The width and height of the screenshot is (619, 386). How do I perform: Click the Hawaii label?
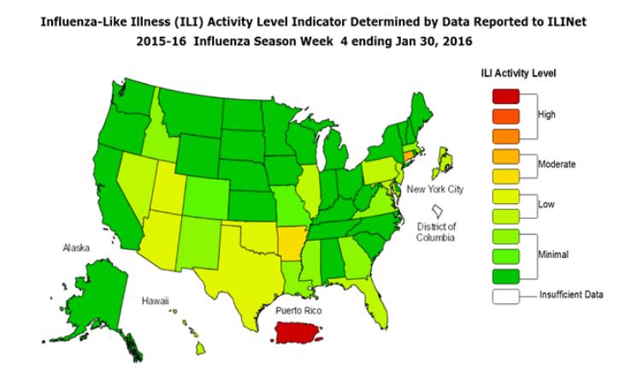pyautogui.click(x=155, y=301)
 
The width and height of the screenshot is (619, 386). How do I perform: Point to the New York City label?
pyautogui.click(x=434, y=189)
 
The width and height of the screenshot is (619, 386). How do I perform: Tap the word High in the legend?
pyautogui.click(x=546, y=114)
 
